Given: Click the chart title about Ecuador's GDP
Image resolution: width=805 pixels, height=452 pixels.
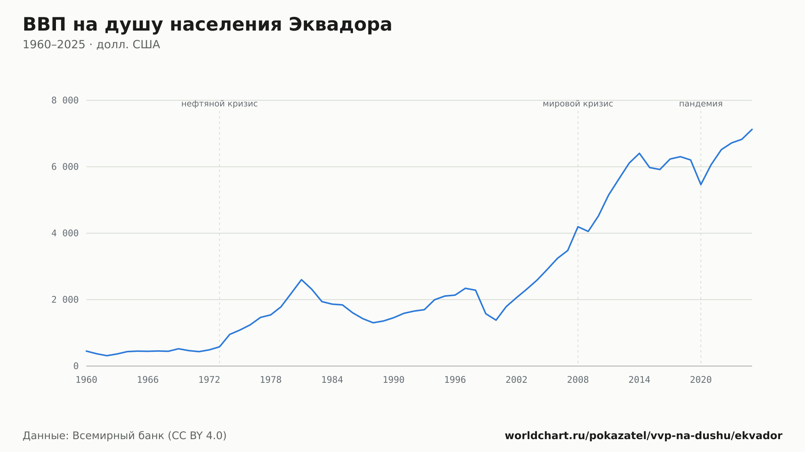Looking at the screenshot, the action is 207,25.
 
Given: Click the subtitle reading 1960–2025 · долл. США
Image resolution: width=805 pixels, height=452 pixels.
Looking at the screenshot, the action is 91,45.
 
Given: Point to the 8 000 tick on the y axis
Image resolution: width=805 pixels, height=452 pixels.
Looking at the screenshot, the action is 65,101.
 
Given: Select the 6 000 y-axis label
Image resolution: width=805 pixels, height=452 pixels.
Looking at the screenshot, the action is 65,167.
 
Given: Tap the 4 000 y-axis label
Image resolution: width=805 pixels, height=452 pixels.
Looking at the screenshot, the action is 65,233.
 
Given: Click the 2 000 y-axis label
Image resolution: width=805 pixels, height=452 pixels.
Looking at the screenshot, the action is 65,300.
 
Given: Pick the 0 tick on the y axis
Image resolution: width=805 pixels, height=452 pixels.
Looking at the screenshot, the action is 76,366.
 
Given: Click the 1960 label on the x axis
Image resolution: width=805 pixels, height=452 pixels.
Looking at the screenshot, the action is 87,380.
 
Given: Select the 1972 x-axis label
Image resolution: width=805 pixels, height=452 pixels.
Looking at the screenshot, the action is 209,380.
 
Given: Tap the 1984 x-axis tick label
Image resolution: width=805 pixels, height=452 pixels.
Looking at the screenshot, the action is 332,380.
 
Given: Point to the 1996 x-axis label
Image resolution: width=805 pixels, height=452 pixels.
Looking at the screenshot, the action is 455,380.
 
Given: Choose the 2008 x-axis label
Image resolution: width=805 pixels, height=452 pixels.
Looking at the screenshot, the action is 578,380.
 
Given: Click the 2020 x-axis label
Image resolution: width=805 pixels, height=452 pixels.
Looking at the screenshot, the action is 701,380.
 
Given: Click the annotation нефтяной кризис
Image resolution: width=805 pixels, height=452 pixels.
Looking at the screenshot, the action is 219,104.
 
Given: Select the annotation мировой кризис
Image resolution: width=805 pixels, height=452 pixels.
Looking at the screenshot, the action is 578,104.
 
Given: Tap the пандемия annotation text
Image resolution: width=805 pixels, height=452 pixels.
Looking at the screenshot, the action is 701,104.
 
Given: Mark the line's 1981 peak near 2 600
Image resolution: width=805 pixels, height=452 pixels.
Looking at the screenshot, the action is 301,279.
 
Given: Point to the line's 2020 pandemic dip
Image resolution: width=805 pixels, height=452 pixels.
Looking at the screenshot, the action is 701,185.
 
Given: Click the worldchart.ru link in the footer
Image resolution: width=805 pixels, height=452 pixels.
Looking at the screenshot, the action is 644,436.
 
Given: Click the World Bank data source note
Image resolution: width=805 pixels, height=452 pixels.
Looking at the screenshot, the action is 125,436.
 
